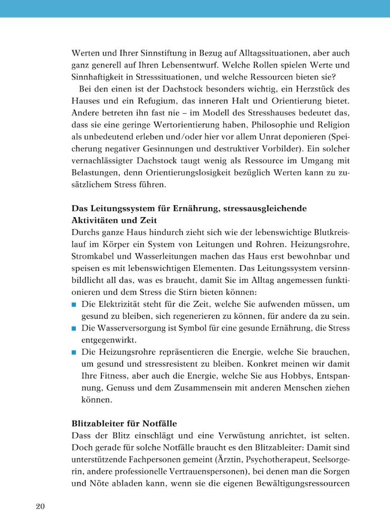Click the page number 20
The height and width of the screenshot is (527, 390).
pyautogui.click(x=41, y=506)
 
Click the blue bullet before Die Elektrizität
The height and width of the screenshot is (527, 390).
pyautogui.click(x=74, y=304)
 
